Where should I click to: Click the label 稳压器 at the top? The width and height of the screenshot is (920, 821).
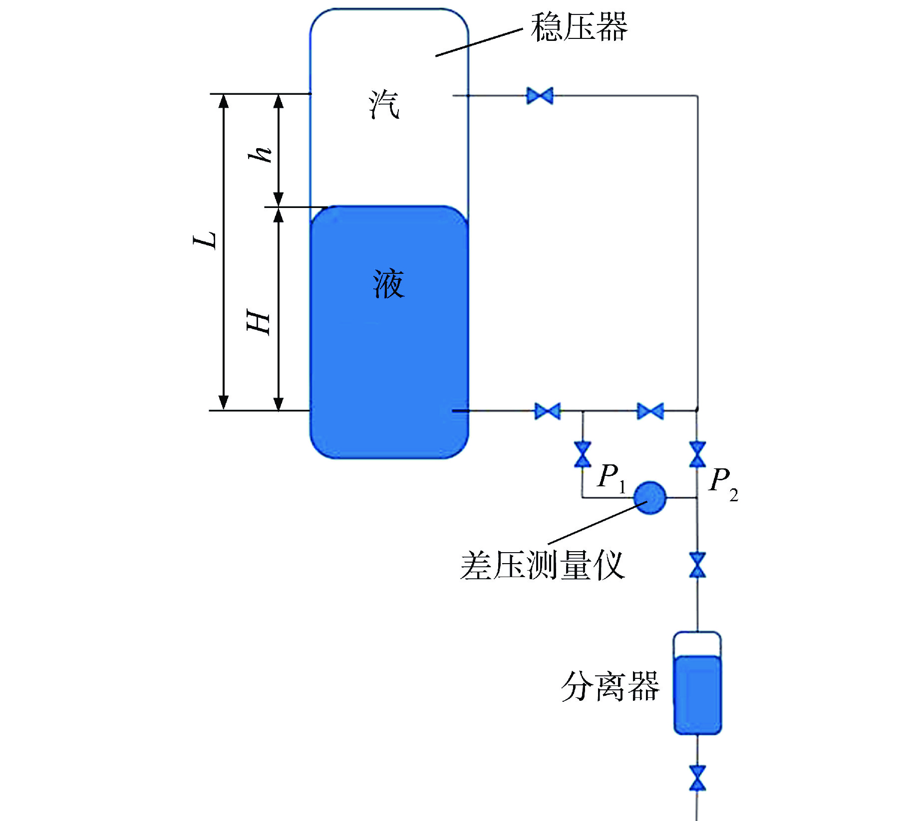click(579, 27)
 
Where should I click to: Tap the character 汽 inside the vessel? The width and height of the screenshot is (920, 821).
click(384, 105)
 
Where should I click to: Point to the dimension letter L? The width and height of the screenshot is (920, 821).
click(205, 240)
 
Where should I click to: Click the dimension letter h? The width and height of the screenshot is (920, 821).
click(260, 155)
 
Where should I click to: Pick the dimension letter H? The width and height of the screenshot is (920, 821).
click(259, 322)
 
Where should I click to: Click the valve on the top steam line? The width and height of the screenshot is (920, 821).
click(540, 95)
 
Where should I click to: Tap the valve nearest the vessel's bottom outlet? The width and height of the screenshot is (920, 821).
click(547, 411)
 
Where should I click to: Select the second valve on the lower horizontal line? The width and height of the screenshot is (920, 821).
click(650, 411)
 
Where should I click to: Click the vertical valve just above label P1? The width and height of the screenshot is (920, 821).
click(583, 454)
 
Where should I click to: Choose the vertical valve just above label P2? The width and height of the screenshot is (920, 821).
click(697, 454)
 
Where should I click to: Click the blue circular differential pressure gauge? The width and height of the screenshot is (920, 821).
click(649, 497)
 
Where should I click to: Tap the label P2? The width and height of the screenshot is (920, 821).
click(723, 482)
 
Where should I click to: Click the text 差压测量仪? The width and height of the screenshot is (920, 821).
click(542, 566)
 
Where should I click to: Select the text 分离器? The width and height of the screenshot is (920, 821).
click(610, 686)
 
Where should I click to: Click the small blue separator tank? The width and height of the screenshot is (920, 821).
click(697, 683)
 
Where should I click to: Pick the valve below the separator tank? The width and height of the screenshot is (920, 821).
click(697, 778)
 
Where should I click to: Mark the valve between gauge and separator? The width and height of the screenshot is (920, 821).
click(697, 565)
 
